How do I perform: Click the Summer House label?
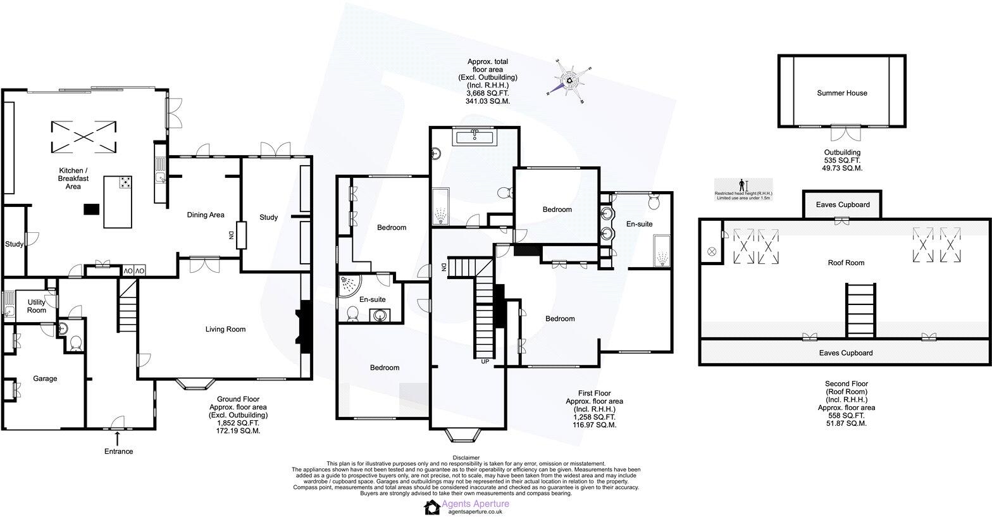point(841,93)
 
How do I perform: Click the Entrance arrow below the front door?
point(118,438)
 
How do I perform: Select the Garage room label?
point(45,379)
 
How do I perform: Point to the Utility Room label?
point(37,306)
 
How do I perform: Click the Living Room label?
point(225,329)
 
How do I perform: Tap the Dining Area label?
point(206,215)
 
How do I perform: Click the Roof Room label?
point(846,263)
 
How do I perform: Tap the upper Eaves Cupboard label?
point(845,205)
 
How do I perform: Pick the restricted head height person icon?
point(742,185)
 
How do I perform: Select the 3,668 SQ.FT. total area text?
point(487,93)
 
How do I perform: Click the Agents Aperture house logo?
point(432,507)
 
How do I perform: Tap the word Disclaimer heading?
point(466,458)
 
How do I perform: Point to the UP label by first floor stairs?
point(485,362)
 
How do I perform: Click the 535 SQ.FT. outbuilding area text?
point(841,161)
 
